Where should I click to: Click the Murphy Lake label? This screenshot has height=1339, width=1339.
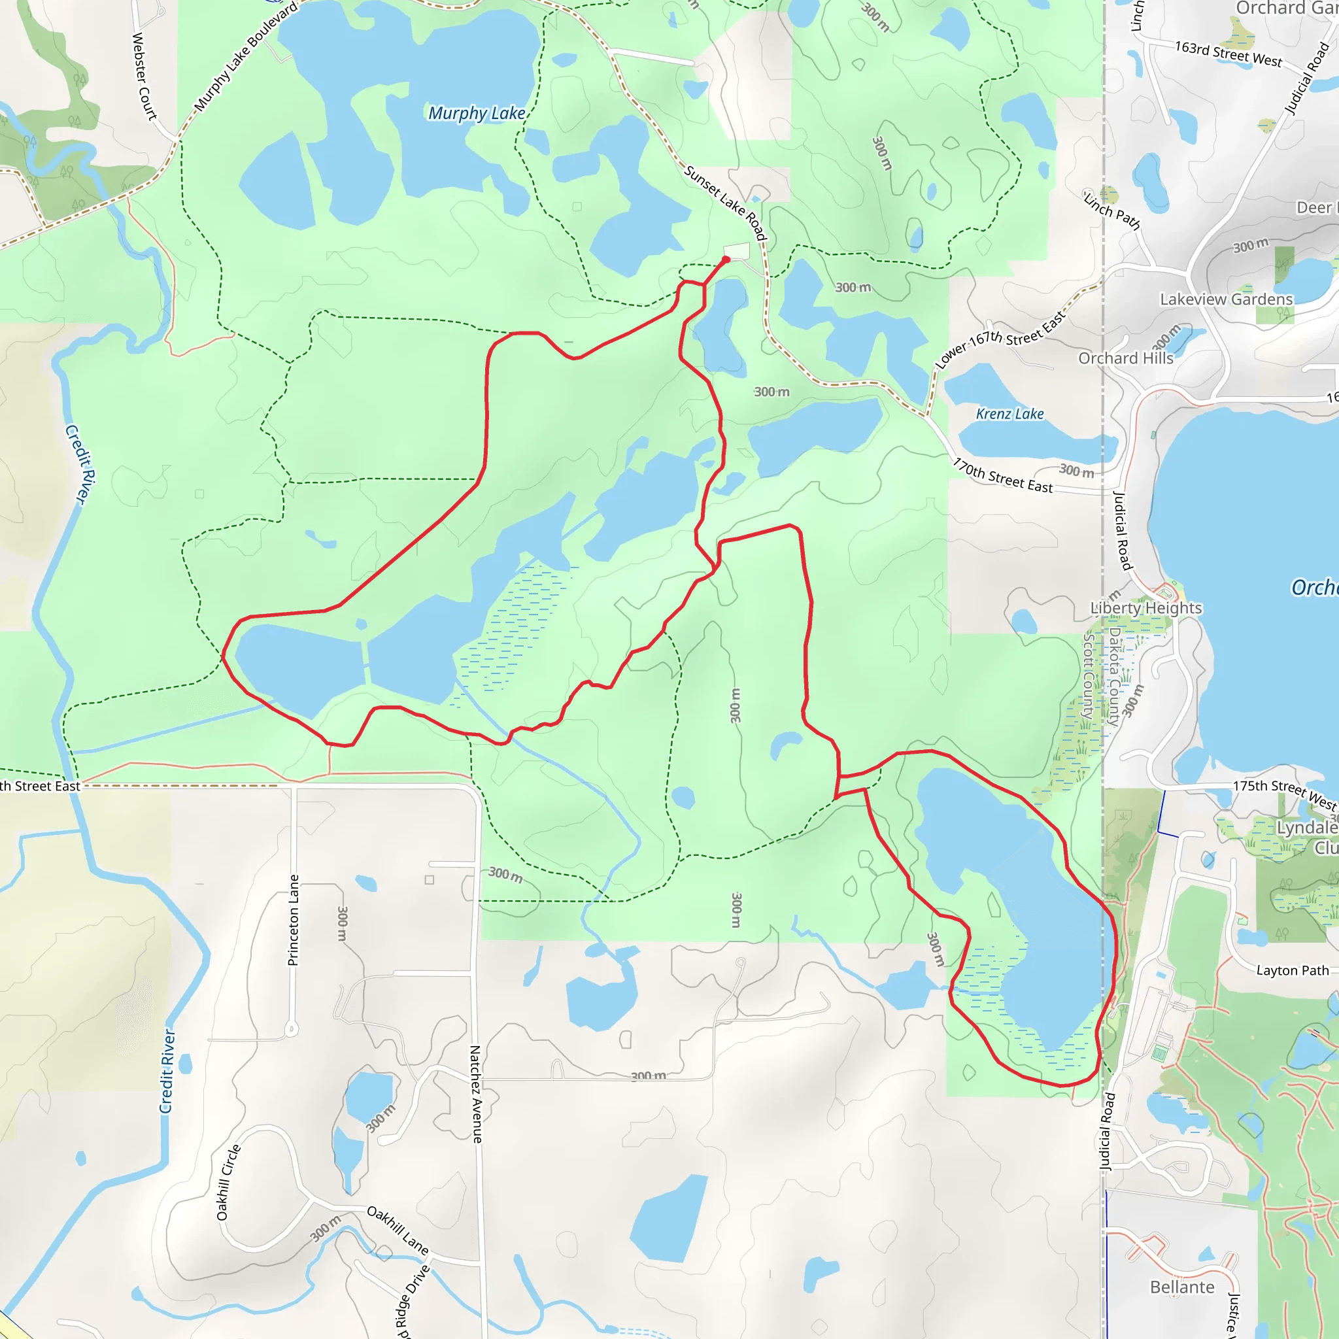pos(476,113)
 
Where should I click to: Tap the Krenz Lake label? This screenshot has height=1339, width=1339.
pos(1009,414)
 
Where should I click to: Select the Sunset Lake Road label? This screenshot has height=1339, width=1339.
pos(725,203)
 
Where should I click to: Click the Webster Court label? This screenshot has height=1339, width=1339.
pos(144,76)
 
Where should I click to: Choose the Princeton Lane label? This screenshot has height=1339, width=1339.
pos(294,920)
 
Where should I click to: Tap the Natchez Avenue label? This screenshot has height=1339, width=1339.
pos(475,1094)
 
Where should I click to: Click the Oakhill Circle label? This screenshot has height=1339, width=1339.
pos(228,1181)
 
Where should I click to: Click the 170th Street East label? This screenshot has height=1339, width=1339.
pos(1002,476)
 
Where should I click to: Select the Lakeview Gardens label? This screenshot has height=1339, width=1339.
pos(1226,299)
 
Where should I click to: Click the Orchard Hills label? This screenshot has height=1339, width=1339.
pos(1126,358)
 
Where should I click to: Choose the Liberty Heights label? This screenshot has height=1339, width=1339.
pos(1145,608)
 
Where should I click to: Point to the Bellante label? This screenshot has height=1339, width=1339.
pos(1181,1287)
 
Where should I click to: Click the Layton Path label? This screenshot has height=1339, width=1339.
pos(1292,970)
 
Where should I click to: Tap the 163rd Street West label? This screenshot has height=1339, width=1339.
pos(1227,54)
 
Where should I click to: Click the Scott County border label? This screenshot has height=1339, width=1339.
pos(1088,676)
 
